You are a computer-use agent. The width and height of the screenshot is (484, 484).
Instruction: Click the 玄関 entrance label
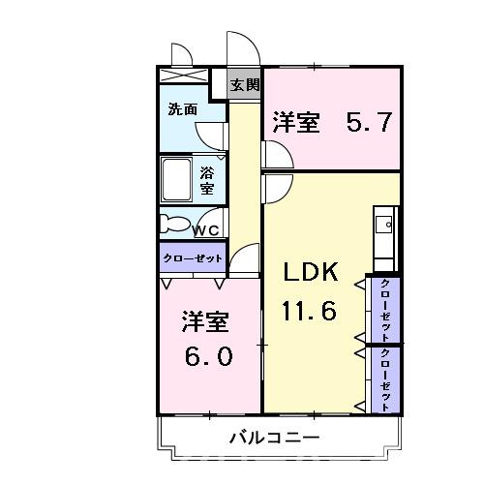245,84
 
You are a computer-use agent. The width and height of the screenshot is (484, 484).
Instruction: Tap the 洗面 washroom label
182,108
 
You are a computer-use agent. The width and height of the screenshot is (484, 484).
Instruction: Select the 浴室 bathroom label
208,180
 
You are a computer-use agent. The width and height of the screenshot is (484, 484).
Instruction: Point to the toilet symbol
175,224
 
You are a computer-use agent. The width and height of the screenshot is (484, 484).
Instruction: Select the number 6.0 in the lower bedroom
208,355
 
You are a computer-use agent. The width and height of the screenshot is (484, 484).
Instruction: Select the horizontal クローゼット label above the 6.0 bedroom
193,258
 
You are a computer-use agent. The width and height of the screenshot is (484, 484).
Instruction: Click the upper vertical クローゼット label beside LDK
385,308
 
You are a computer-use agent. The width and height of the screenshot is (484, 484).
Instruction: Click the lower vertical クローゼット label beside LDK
385,378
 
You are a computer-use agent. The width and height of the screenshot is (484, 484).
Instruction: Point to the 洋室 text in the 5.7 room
296,123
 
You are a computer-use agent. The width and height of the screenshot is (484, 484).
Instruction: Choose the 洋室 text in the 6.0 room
205,320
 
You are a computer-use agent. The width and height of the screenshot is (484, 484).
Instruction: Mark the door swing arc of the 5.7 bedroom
273,153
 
